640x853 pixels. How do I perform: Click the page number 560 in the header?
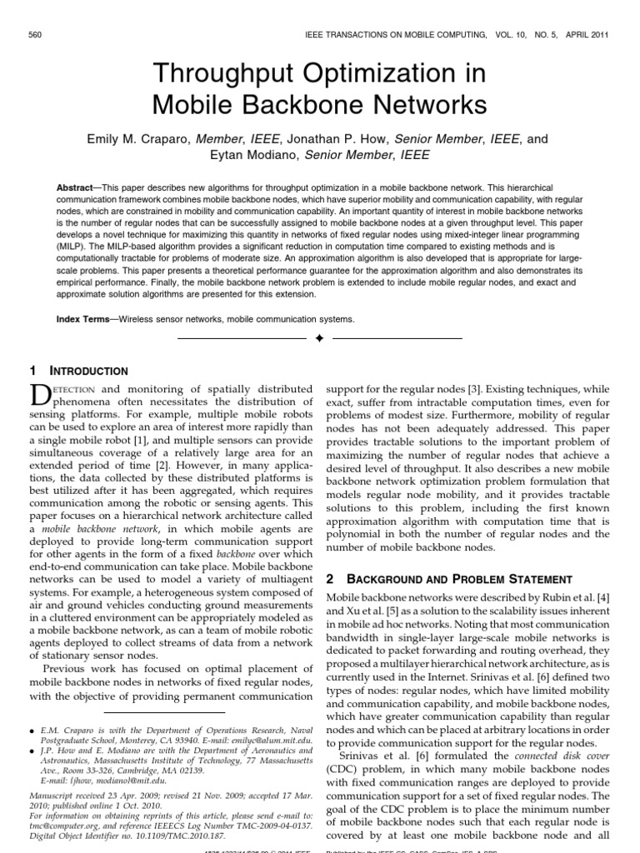point(35,34)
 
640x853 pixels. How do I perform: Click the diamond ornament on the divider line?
point(319,339)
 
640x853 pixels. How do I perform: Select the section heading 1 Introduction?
point(79,371)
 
